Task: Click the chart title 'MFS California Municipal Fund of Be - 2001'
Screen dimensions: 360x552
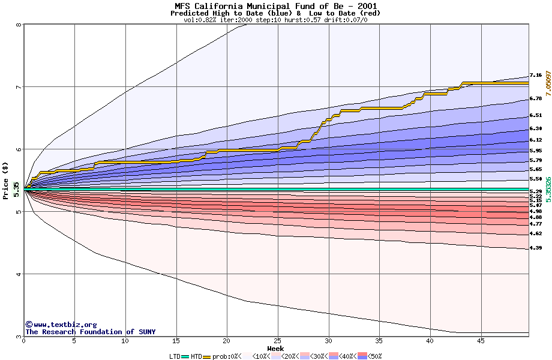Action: tap(275, 5)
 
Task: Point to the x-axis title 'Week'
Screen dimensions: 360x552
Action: tap(275, 348)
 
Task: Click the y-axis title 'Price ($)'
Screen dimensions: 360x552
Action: tap(5, 180)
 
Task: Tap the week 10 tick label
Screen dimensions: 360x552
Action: tap(125, 341)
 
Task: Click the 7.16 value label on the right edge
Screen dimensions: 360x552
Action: tap(536, 76)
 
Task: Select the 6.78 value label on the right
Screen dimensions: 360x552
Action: tap(536, 98)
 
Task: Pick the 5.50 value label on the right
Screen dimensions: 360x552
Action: tap(536, 179)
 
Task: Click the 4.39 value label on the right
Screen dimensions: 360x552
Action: tap(536, 248)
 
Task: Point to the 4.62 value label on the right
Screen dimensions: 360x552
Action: tap(536, 233)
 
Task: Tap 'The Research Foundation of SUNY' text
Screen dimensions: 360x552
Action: tap(90, 332)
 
